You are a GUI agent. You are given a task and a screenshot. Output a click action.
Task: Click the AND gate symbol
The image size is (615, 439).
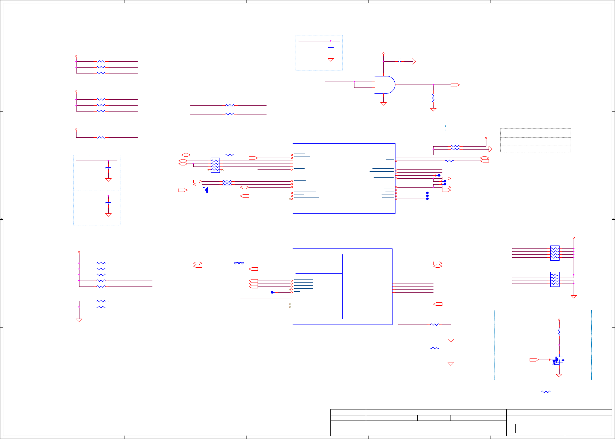385,85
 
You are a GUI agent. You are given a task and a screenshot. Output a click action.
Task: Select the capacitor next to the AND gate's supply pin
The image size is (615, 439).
400,61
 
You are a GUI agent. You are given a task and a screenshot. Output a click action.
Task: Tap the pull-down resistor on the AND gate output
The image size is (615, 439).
433,98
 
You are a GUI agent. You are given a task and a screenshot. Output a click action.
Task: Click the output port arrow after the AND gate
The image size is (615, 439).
455,85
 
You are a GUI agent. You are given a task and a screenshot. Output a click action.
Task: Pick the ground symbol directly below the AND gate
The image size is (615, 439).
383,104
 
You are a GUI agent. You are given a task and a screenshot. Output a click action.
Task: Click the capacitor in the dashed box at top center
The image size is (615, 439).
331,48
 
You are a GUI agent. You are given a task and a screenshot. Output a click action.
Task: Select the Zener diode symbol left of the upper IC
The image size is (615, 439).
206,190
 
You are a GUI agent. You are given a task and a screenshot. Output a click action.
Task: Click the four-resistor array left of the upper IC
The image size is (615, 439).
215,165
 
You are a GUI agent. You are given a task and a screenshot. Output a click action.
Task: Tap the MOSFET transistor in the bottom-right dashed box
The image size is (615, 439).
559,360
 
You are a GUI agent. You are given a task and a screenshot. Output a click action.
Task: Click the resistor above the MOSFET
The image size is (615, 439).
559,332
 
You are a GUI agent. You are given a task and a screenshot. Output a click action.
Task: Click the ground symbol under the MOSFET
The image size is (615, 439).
559,375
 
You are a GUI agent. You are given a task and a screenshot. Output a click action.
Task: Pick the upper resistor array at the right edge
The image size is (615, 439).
555,253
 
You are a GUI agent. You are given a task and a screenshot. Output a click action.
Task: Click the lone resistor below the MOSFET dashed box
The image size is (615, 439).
546,392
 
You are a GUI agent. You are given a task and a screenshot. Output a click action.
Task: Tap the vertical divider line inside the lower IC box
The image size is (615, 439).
342,286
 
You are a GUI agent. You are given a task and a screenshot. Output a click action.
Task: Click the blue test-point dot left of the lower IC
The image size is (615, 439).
272,292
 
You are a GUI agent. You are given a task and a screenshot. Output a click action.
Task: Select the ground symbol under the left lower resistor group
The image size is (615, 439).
79,320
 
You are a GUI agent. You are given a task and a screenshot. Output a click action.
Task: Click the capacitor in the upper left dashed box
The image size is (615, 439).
108,168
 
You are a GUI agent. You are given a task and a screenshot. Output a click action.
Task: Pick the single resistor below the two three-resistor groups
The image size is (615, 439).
101,137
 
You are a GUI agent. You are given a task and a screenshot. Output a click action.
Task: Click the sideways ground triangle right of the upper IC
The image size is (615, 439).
490,149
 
